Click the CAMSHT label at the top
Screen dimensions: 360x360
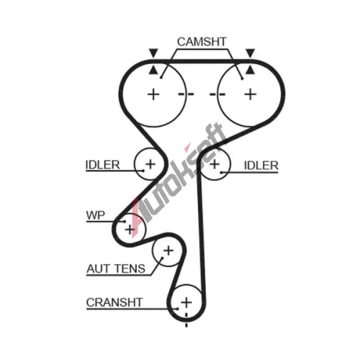click(202, 42)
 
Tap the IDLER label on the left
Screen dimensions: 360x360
click(102, 165)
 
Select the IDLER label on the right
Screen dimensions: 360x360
click(261, 166)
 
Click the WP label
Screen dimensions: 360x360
click(95, 215)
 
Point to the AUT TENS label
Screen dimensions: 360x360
click(116, 269)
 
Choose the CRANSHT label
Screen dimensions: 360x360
click(114, 302)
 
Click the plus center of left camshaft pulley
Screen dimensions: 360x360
click(153, 94)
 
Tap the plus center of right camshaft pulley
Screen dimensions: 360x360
click(251, 94)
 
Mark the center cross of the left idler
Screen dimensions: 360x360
click(150, 164)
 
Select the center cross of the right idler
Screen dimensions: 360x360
click(215, 164)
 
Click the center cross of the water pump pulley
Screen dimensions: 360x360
click(130, 230)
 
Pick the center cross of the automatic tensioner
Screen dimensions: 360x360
click(168, 251)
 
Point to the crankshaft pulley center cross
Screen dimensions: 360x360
click(186, 302)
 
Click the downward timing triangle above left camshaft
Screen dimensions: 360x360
click(153, 53)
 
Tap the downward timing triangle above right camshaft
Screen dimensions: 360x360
click(250, 53)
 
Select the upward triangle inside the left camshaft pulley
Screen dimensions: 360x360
click(153, 71)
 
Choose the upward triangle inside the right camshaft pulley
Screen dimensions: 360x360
click(250, 71)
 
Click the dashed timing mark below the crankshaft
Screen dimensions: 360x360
click(186, 320)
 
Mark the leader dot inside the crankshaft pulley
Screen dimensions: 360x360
click(177, 309)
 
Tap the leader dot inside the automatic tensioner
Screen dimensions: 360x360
click(162, 258)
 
